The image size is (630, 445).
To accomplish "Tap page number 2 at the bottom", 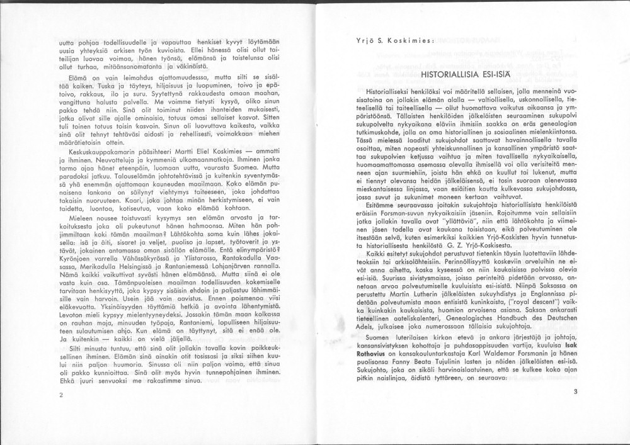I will click(x=61, y=395).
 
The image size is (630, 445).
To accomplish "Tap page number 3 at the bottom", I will click(x=575, y=391).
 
